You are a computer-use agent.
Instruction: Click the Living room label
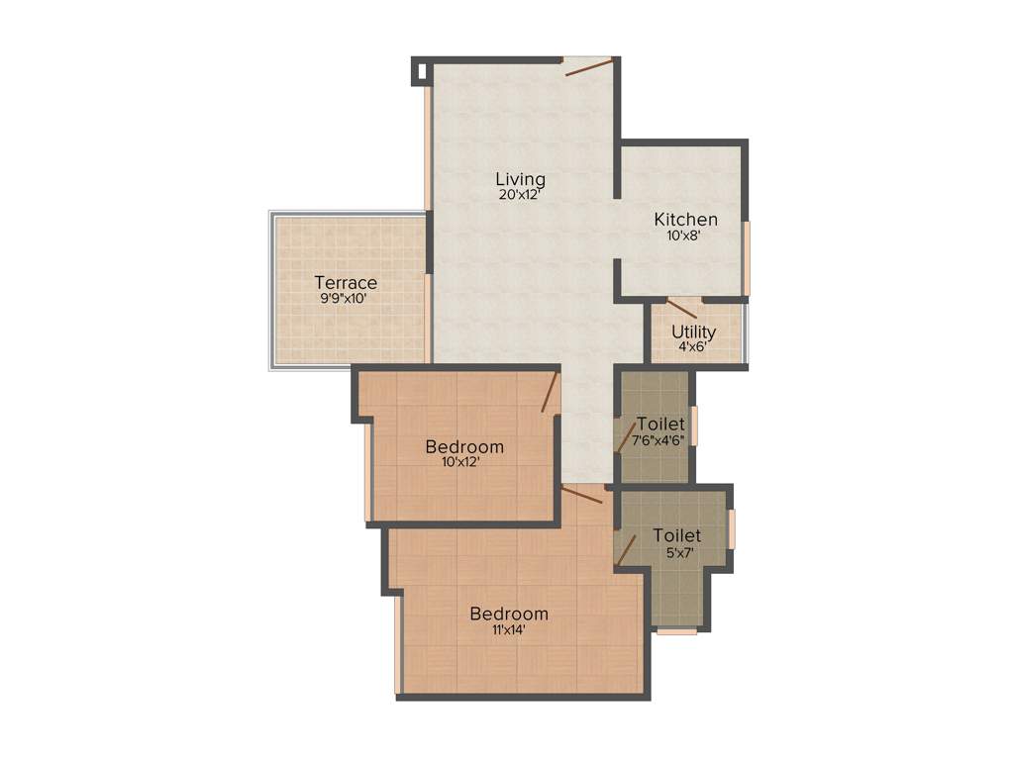click(520, 179)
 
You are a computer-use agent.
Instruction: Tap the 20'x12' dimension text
click(520, 195)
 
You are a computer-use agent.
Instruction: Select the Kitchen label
click(685, 220)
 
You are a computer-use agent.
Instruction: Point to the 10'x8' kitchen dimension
click(685, 236)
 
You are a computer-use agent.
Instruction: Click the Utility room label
click(693, 332)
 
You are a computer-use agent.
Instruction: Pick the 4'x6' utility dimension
click(693, 347)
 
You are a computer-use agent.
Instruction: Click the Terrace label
click(346, 283)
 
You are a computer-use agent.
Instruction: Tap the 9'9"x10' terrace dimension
click(346, 299)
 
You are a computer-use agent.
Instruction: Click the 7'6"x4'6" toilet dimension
click(659, 439)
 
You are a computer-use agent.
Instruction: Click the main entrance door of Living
click(588, 66)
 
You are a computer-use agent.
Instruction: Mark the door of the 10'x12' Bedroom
click(552, 393)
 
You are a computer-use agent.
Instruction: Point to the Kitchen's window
click(747, 257)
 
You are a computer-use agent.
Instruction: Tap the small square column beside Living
click(420, 70)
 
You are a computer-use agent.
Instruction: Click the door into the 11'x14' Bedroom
click(582, 494)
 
